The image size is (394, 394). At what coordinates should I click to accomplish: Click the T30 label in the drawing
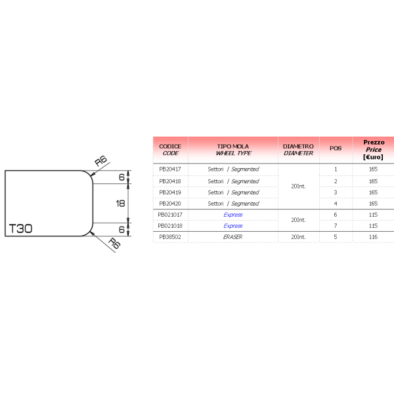pos(20,229)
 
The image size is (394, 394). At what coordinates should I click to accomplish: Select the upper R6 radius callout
pos(101,161)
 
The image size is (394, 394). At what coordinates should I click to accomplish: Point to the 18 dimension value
pos(120,204)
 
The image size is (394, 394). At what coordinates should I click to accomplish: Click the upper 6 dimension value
pos(121,177)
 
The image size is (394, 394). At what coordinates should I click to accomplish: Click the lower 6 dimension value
pos(121,229)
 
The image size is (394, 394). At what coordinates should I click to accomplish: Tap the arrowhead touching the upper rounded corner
pos(93,174)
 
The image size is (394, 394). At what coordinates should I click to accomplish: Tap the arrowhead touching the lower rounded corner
pos(93,232)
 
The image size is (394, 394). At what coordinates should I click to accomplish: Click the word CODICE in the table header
pos(170,146)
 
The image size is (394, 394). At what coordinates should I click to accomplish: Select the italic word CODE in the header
pos(170,153)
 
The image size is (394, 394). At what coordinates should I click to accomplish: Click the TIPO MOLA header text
pos(233,146)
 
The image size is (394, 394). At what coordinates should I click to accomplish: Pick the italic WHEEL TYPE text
pos(233,153)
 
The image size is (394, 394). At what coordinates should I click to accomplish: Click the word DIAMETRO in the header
pos(298,146)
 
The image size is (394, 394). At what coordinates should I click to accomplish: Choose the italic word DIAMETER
pos(298,153)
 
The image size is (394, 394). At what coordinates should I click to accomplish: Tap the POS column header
pos(336,148)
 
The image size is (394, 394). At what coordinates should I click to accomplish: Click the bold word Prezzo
pos(374,142)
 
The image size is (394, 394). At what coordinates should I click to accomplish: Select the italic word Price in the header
pos(374,149)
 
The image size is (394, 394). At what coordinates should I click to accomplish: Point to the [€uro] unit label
pos(374,157)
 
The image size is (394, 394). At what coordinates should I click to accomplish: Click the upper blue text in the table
pos(233,215)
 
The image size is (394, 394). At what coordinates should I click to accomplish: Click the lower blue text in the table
pos(233,226)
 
